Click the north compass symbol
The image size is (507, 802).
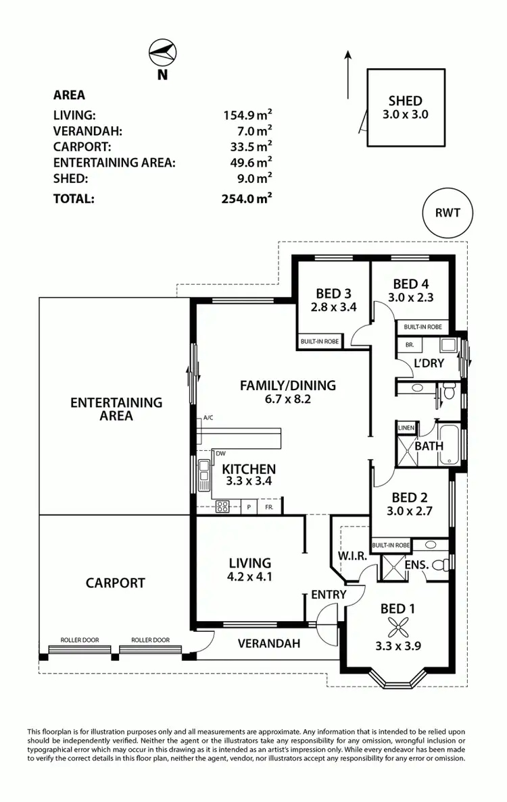[162, 52]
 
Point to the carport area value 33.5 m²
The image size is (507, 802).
[248, 145]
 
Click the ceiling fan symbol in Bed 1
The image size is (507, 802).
[397, 629]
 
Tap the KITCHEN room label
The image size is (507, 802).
[249, 469]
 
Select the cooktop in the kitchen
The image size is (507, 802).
[223, 507]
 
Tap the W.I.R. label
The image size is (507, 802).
[351, 557]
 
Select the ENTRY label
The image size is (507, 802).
[329, 595]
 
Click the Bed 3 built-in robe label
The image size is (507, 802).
[320, 342]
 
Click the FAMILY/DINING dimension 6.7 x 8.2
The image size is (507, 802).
[287, 400]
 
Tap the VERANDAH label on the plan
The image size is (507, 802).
[268, 643]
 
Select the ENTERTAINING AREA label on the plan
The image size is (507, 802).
[116, 409]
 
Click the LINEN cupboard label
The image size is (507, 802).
[406, 428]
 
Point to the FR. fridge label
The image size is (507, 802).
[269, 507]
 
